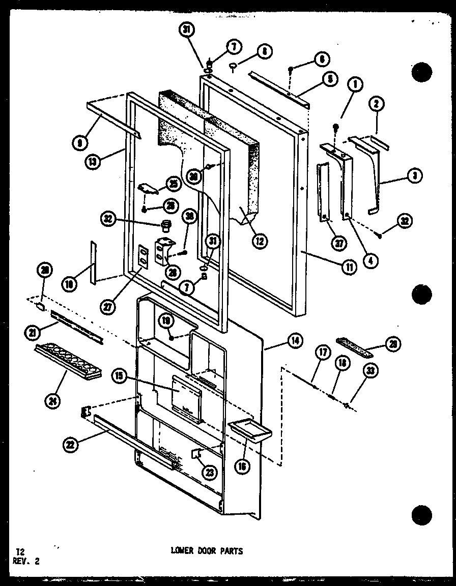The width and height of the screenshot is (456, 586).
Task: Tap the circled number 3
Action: tap(415, 176)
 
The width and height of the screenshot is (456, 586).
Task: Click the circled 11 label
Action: tap(349, 267)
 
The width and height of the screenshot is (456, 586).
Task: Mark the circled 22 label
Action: tap(70, 445)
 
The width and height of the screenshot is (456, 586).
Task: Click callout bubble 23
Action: tap(209, 472)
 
